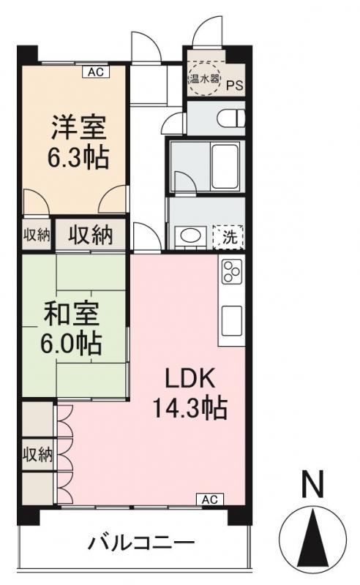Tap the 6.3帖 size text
(78, 158)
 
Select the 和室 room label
(70, 315)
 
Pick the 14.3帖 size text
(189, 407)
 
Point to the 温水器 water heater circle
(200, 78)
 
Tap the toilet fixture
(230, 117)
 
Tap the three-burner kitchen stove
(231, 272)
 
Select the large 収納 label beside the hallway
(91, 235)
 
